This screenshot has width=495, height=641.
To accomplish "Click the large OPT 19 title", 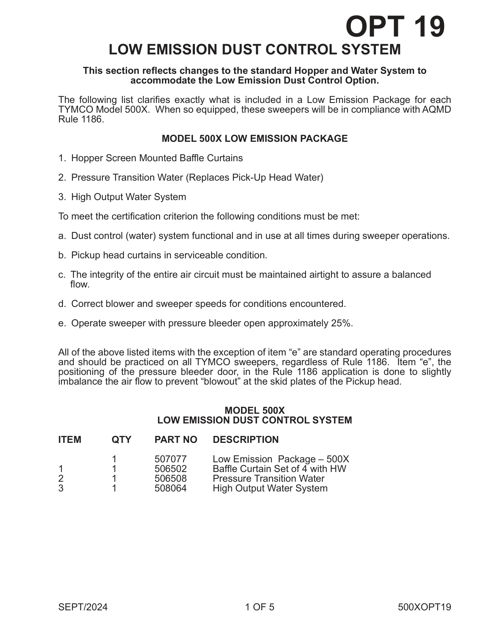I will (x=395, y=26).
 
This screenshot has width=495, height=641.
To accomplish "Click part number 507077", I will (x=170, y=459).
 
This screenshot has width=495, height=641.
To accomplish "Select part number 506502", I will (x=170, y=469).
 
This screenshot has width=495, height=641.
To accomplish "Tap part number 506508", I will (x=170, y=478).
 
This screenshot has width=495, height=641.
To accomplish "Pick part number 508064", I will (x=170, y=488).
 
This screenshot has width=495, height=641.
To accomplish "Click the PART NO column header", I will (x=175, y=439).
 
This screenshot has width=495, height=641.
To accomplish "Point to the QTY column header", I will (x=122, y=439).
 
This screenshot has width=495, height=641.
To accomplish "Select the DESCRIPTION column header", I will (x=245, y=439).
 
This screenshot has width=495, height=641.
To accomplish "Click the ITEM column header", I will (x=70, y=439).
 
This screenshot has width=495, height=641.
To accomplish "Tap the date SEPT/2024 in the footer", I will (x=83, y=607).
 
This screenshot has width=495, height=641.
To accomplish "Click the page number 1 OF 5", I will (x=259, y=607).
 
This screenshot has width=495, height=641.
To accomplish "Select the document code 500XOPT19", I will (x=424, y=607).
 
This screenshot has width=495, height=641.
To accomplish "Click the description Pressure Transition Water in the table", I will (x=268, y=478).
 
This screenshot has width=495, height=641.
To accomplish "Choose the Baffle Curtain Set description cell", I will (x=279, y=469).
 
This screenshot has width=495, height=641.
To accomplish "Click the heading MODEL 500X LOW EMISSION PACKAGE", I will (x=254, y=139).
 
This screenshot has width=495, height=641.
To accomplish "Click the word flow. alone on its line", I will (x=80, y=284).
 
